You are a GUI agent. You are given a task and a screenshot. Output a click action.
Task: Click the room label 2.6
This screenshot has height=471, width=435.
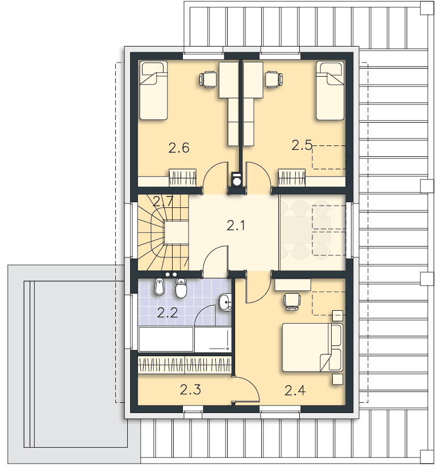179,148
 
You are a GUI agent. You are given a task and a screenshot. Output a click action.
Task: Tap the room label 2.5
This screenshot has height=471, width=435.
302,145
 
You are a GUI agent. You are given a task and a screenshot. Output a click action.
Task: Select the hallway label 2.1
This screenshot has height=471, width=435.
236,226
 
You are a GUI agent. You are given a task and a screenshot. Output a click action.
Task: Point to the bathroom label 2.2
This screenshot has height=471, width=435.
168,313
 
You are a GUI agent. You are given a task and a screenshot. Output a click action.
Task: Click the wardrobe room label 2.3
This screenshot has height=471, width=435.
190,390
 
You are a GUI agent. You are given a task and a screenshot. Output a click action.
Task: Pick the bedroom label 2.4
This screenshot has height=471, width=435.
295,390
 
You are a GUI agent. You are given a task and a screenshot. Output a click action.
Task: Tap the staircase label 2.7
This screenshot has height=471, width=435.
163,201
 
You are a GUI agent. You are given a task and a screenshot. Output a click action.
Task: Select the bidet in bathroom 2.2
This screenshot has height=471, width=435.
159,287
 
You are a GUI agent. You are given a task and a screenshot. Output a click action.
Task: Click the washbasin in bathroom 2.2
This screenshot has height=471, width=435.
225,302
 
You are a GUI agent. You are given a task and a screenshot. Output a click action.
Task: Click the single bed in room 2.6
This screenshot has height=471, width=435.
153,90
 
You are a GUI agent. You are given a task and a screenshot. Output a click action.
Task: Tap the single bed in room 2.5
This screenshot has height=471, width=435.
330,90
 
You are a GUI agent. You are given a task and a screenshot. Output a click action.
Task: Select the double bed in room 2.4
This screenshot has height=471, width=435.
312,348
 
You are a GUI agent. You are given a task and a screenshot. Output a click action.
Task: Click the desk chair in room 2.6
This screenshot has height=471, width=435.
208,80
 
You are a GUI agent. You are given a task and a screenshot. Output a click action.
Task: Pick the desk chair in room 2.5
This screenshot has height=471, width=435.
274,80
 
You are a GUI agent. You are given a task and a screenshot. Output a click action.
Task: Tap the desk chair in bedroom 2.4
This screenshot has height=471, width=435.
292,302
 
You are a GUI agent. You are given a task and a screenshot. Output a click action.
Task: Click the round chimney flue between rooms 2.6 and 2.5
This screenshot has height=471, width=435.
237,181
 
